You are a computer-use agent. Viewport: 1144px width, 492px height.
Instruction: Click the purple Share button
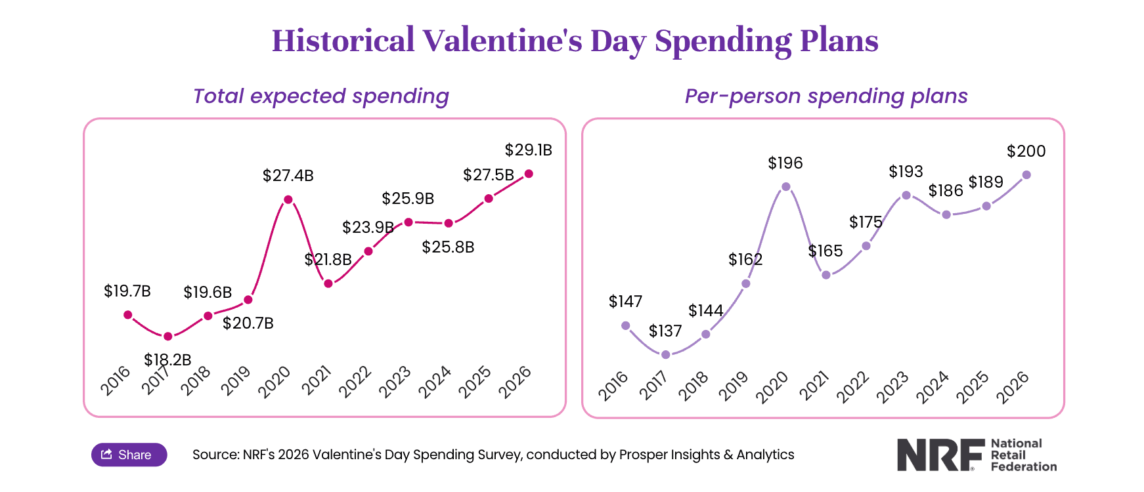click(129, 455)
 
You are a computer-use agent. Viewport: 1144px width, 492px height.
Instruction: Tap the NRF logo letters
click(940, 455)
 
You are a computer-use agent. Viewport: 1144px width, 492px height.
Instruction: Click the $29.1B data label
click(528, 150)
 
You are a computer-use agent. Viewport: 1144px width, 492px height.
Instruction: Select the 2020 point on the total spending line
click(288, 199)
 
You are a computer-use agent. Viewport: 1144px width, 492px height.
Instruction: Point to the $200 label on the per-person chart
click(1026, 152)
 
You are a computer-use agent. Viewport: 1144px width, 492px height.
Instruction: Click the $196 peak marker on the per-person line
click(786, 186)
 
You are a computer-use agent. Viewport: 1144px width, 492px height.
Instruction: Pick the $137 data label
click(665, 331)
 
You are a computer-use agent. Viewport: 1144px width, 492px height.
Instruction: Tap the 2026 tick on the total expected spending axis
click(514, 382)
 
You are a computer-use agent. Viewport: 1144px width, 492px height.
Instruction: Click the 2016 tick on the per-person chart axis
click(613, 386)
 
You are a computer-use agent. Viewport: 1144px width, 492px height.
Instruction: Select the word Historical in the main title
click(343, 41)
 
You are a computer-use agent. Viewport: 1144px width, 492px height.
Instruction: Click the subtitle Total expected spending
click(320, 96)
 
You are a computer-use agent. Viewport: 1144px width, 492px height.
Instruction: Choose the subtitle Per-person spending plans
click(825, 96)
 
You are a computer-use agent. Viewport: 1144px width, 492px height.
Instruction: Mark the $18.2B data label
click(167, 360)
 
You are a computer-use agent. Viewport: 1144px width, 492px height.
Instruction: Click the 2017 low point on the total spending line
click(168, 337)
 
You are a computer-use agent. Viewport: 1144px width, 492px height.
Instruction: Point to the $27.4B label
click(288, 176)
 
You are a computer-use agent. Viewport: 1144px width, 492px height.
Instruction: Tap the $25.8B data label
click(448, 247)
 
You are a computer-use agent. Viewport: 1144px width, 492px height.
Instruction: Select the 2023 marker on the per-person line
click(906, 195)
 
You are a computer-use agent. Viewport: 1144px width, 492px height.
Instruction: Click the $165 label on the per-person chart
click(825, 251)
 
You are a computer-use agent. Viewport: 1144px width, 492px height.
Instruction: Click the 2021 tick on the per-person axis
click(814, 386)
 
